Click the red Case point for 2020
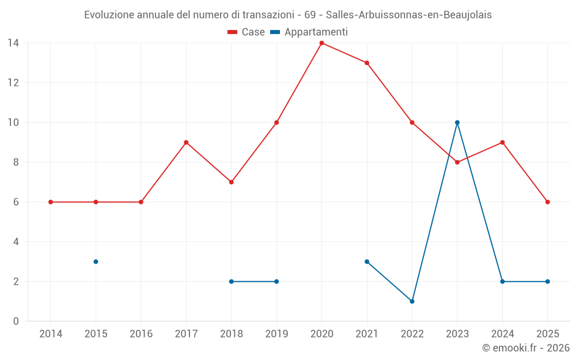pos(321,43)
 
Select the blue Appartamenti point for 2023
pos(457,123)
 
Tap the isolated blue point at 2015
pos(96,262)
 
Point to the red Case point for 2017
pos(186,142)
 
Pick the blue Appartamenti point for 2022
pos(412,301)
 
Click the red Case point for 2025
pos(548,202)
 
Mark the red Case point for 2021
pos(367,63)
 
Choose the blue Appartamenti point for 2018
pos(231,282)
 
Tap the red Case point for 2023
pos(457,162)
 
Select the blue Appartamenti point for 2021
pos(367,262)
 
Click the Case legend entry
pos(246,32)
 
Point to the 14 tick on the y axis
pos(13,43)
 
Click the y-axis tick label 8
pos(16,162)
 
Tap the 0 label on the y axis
pos(16,321)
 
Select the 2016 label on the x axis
pos(141,334)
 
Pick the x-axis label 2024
pos(502,334)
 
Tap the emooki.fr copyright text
pos(526,348)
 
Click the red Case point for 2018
pos(231,182)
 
